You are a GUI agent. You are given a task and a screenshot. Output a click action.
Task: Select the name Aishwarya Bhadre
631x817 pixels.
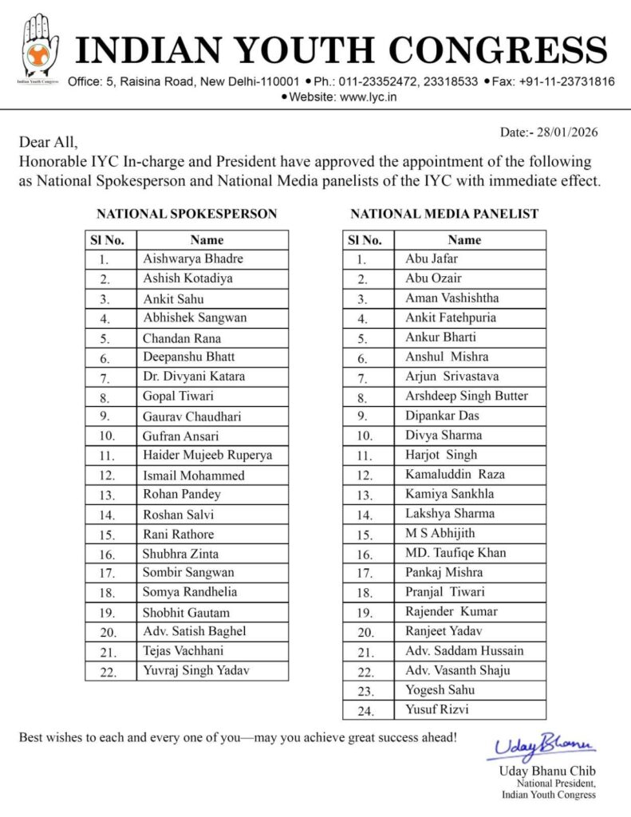193,259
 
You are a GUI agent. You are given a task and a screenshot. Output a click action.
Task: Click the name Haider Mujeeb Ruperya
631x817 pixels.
207,455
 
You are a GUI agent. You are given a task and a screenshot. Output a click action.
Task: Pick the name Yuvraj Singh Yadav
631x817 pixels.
196,670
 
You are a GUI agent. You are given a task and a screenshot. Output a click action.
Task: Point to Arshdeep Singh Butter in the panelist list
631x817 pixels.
466,396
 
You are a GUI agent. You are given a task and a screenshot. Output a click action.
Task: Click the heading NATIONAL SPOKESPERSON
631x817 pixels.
187,214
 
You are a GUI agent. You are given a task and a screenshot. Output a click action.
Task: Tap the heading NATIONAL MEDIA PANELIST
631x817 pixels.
444,214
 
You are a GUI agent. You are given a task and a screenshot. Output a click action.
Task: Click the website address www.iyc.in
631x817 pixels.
369,97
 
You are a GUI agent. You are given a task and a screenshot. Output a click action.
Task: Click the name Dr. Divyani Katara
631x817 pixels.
194,377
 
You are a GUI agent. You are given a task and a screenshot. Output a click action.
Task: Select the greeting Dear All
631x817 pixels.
49,143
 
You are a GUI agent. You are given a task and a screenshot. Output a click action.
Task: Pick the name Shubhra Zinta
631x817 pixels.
180,554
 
